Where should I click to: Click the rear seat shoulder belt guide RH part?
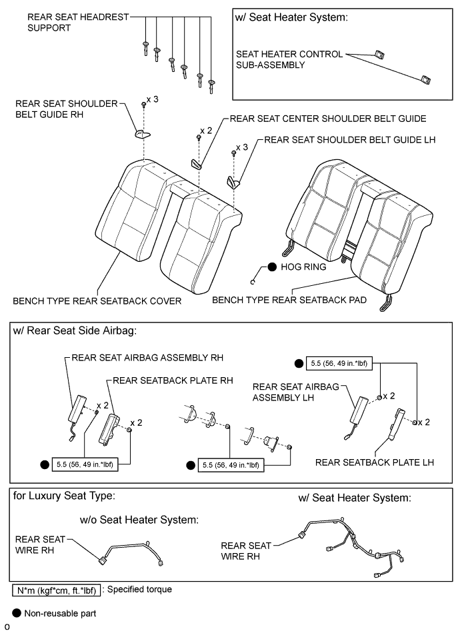tap(141, 135)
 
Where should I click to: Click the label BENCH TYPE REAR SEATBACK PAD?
tap(289, 300)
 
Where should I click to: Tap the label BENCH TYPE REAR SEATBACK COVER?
tap(97, 301)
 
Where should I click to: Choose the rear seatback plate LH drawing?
tap(399, 421)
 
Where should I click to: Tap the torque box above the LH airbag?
tap(339, 364)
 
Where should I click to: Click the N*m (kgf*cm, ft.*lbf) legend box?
tap(57, 590)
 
